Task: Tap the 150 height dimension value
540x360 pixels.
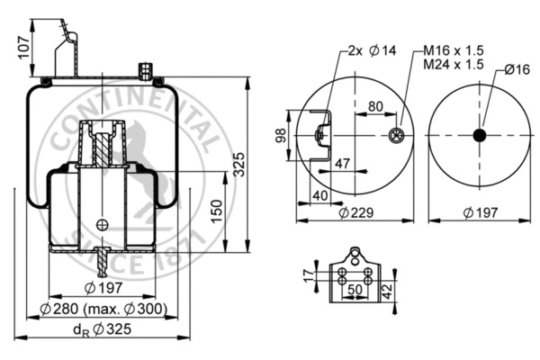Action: coord(215,211)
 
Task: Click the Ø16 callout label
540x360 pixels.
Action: coord(516,68)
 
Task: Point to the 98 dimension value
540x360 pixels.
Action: coord(279,135)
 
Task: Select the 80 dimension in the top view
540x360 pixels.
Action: coord(374,107)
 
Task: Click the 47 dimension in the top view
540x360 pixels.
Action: coord(342,163)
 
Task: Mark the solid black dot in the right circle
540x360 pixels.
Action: coord(478,135)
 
